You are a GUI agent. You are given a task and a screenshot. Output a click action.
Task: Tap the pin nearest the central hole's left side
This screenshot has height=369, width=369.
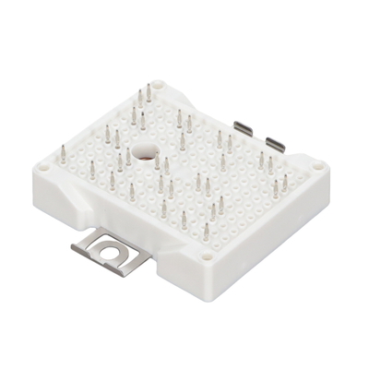point(128,153)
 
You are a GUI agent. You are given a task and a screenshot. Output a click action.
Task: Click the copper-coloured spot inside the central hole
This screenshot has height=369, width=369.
point(147,153)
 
